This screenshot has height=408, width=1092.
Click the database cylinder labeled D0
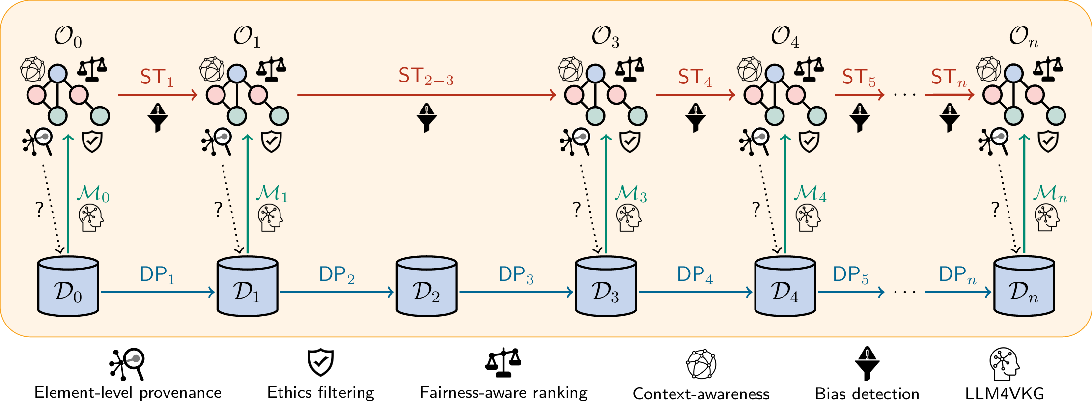[68, 286]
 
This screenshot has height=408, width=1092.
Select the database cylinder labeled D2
[426, 286]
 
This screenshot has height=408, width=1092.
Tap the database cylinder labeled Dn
[1024, 286]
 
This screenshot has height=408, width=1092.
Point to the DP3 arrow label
[516, 275]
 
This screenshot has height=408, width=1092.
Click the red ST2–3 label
[426, 77]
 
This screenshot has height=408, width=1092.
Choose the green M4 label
[810, 194]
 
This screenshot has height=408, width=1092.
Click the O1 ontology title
[247, 37]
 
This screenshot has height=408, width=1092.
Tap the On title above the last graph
[1024, 37]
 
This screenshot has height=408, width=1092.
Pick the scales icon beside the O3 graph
[630, 69]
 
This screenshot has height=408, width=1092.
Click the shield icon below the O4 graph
[809, 142]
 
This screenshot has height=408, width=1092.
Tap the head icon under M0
[91, 218]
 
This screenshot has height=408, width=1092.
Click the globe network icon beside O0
[32, 69]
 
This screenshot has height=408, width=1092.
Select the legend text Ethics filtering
[321, 393]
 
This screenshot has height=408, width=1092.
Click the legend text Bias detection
[867, 394]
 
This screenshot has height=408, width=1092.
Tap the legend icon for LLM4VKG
[1004, 364]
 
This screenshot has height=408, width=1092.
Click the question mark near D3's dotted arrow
[577, 209]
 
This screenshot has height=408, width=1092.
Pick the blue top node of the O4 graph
[775, 74]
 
